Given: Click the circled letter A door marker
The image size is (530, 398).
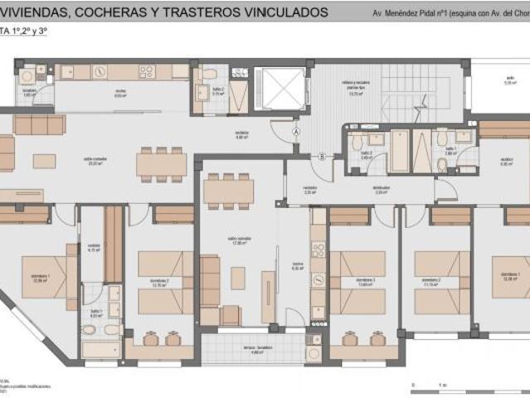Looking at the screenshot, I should tap(295, 129).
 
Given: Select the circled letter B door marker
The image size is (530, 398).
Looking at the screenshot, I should tap(322, 155).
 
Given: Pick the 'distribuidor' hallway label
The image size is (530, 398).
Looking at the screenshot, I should tap(381, 189).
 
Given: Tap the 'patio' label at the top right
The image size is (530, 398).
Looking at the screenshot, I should tap(509, 82).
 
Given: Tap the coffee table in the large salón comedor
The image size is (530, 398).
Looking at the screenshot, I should tap(45, 160).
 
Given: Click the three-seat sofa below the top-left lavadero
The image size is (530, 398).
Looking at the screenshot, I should tap(39, 124).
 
